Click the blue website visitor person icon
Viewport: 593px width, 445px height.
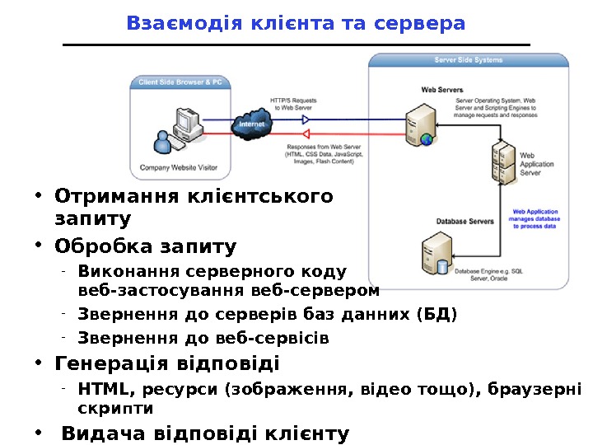click(164, 142)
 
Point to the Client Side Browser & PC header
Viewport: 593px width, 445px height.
click(180, 82)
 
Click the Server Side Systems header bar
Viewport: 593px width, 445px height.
click(468, 60)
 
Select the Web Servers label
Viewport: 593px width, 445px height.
click(442, 89)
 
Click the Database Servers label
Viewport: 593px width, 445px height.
click(465, 221)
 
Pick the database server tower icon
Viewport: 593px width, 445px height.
click(435, 256)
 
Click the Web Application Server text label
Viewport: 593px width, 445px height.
click(536, 164)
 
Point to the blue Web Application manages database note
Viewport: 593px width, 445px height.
click(536, 218)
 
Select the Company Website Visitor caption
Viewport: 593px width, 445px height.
click(179, 167)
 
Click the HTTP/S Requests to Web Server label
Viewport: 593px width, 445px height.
click(293, 102)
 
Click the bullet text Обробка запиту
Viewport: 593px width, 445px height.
click(145, 246)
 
